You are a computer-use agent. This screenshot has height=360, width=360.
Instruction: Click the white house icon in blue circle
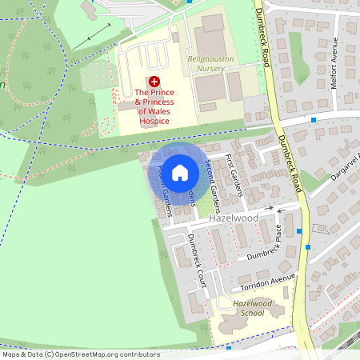180,172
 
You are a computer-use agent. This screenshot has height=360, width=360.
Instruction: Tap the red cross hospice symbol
154,82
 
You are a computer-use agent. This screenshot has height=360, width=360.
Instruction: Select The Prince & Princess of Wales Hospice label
154,106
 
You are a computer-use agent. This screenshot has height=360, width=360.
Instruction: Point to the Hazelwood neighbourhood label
256,218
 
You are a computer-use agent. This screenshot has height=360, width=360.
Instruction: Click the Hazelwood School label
253,309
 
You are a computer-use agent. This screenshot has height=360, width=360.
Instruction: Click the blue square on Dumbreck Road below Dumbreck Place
299,231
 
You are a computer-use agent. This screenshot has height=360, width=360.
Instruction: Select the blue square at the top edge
189,2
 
